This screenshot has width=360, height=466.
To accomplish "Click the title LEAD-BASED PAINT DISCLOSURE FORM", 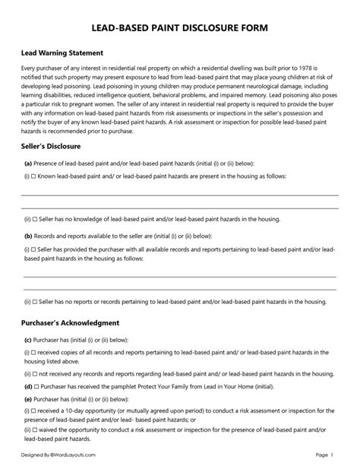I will [179, 27].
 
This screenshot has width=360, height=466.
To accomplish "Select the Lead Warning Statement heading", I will [62, 53].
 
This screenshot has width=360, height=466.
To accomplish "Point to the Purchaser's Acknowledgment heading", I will [70, 322].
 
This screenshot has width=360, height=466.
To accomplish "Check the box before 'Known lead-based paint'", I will [34, 175].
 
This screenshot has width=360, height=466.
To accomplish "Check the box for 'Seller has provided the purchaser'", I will [34, 249].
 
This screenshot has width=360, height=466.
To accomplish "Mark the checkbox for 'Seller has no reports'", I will [36, 302].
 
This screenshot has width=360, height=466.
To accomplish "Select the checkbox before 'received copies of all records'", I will [34, 353].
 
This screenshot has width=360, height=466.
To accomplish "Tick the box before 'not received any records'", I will [36, 374].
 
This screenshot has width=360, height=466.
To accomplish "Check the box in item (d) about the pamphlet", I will [35, 385].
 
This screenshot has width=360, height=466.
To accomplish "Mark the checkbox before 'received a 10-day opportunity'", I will [34, 409].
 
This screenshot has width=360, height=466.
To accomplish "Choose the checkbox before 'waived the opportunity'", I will [36, 430].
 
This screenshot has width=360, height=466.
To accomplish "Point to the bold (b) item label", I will [28, 236].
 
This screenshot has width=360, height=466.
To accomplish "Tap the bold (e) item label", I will [28, 398].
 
